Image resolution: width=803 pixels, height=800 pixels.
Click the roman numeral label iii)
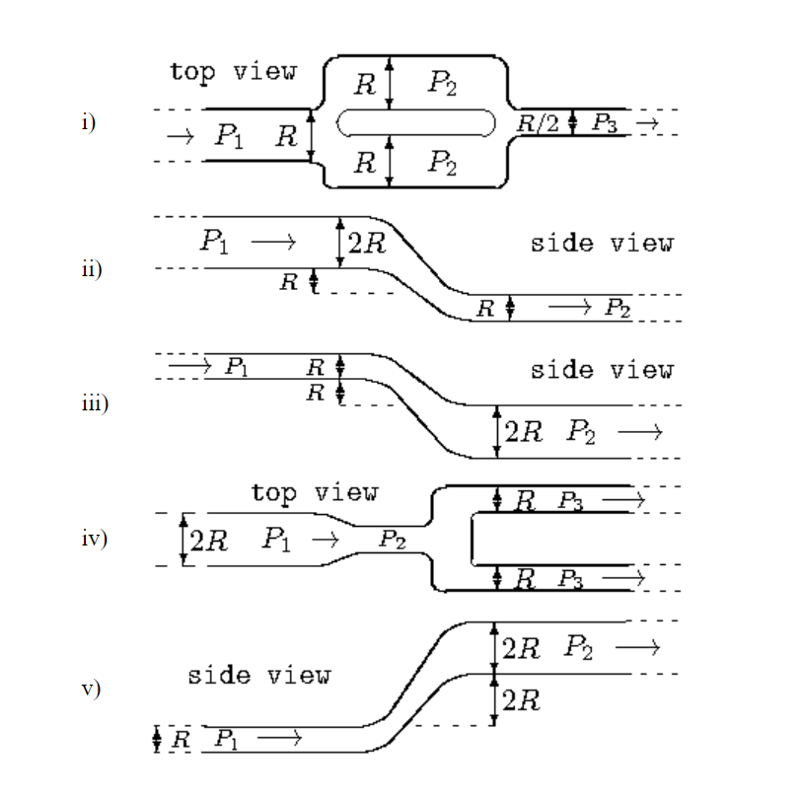pyautogui.click(x=96, y=403)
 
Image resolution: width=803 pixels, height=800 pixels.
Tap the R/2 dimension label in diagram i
pyautogui.click(x=538, y=122)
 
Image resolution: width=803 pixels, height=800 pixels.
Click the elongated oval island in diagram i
pyautogui.click(x=415, y=122)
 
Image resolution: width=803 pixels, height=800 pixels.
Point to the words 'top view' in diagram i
pyautogui.click(x=232, y=72)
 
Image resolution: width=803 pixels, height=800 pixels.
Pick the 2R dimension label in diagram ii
pyautogui.click(x=367, y=243)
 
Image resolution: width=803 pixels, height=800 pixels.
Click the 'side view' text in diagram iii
pyautogui.click(x=602, y=370)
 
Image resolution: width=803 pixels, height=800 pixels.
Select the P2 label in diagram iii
pyautogui.click(x=582, y=432)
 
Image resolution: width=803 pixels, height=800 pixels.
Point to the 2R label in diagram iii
pyautogui.click(x=524, y=432)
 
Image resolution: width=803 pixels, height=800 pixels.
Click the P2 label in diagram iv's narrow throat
pyautogui.click(x=393, y=540)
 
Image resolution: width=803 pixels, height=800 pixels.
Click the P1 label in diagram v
pyautogui.click(x=226, y=739)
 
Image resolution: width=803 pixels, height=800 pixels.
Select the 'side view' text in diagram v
pyautogui.click(x=259, y=676)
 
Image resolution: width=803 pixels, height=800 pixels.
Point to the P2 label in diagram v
pyautogui.click(x=580, y=648)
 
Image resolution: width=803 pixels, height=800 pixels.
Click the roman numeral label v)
pyautogui.click(x=92, y=689)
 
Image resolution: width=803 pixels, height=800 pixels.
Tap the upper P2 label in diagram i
pyautogui.click(x=442, y=83)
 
